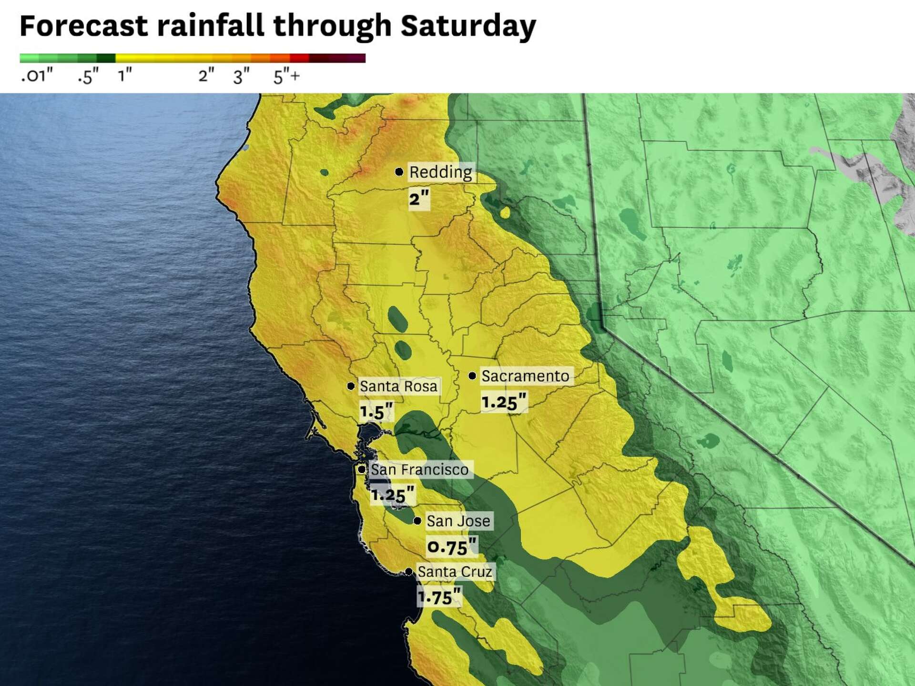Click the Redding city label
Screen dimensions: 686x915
coord(440,172)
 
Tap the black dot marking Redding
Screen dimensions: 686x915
coord(399,171)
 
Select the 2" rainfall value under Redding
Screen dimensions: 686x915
coord(419,199)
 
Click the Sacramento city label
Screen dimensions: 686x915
coord(525,376)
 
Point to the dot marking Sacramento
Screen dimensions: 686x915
coord(472,376)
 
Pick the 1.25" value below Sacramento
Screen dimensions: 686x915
coord(504,402)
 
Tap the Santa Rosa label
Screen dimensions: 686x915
coord(398,386)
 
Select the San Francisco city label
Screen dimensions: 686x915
coord(419,470)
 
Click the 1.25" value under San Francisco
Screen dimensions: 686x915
coord(393,495)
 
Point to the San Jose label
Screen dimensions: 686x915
coord(458,521)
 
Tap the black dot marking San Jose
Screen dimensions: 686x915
coord(417,521)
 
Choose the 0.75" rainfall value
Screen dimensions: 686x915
coord(451,547)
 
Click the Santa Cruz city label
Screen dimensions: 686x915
coord(455,572)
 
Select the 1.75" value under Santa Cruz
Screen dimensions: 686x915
coord(439,597)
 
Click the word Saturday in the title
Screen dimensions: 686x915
coord(468,26)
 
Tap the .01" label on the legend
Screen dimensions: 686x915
coord(37,76)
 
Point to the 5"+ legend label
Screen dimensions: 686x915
coord(286,76)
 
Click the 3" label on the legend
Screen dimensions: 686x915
coord(241,76)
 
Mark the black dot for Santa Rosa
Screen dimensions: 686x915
coord(351,386)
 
